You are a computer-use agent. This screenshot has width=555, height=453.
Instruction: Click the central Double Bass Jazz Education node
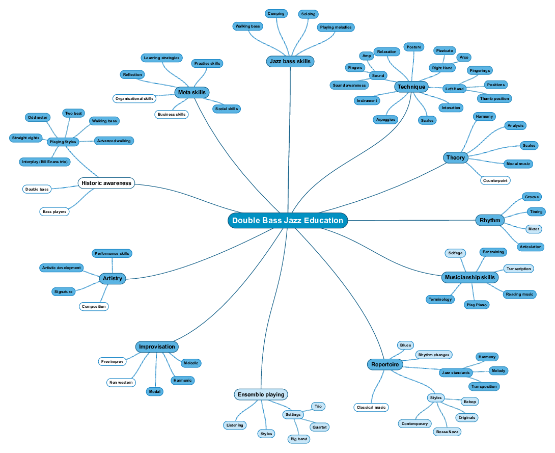(x=288, y=221)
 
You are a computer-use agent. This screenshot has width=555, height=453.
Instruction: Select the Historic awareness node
(x=106, y=183)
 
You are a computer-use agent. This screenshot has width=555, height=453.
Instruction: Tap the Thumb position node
(x=494, y=98)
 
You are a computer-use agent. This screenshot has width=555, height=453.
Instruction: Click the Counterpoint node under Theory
(x=495, y=180)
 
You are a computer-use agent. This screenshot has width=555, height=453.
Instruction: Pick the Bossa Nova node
(x=447, y=432)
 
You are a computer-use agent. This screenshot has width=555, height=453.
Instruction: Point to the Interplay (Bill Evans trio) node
(x=45, y=162)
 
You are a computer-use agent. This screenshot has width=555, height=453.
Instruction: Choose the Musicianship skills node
(x=469, y=278)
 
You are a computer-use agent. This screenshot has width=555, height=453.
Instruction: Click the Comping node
(x=276, y=14)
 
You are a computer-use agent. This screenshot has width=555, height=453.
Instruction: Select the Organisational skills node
(x=134, y=98)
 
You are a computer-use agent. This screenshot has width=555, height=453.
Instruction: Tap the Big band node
(x=298, y=439)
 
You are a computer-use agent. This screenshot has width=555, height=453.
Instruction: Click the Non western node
(x=121, y=382)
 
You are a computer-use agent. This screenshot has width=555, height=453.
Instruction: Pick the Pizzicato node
(x=444, y=51)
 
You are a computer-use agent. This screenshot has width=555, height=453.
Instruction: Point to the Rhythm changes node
(x=434, y=355)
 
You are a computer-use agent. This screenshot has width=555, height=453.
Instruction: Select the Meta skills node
(x=192, y=92)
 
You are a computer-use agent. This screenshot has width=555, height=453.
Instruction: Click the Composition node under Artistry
(x=94, y=306)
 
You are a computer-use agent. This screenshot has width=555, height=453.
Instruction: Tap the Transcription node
(x=519, y=269)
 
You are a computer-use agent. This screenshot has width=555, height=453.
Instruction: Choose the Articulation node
(x=531, y=247)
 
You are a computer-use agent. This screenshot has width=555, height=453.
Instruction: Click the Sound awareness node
(x=349, y=85)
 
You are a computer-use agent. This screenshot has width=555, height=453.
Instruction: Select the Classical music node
(x=372, y=407)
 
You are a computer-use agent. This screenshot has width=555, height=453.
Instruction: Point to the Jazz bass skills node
(x=290, y=62)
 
